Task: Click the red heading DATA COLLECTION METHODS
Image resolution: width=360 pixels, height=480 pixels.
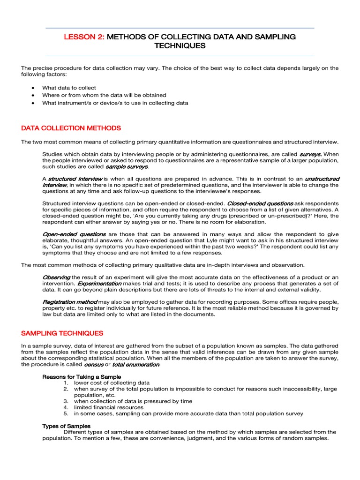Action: (71, 128)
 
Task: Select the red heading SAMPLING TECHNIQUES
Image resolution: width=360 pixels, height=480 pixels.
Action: (62, 333)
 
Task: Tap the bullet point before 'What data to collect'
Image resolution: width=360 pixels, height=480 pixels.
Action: (32, 88)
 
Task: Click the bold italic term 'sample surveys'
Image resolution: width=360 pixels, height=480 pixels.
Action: (127, 166)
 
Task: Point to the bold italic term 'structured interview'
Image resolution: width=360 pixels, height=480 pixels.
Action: (75, 179)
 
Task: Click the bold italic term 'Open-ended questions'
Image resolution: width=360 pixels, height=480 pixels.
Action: (75, 234)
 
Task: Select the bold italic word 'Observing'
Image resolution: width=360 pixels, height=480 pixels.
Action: (56, 277)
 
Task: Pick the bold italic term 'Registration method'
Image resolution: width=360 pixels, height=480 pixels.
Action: (70, 302)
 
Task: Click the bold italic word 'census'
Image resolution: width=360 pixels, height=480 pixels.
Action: (94, 364)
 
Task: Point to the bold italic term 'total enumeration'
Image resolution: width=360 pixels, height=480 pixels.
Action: (135, 364)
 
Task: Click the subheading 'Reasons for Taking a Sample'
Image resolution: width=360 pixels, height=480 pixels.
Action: (82, 376)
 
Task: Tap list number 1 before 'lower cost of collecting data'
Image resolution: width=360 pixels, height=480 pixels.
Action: (67, 382)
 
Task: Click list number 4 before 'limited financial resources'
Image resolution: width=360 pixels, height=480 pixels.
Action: (67, 407)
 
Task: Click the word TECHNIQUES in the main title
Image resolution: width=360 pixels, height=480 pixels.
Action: (180, 46)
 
